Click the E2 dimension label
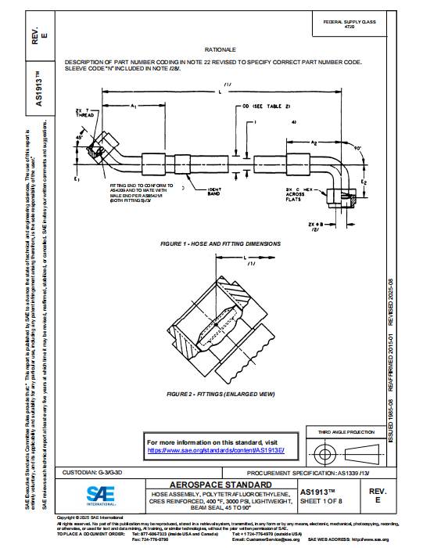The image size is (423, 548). point(363,182)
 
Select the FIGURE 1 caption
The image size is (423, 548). point(220,243)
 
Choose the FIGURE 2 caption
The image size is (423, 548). point(220,391)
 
